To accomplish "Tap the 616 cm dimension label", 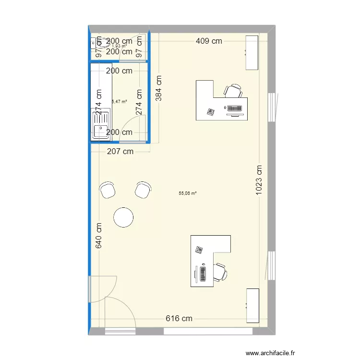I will tap(179, 318).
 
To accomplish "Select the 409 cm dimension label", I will tap(209, 41).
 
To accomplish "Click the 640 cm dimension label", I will tap(99, 236).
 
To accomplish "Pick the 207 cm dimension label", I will tap(120, 152).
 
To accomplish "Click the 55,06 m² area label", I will tap(188, 193).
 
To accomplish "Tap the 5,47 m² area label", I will tap(120, 102).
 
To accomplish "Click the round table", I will tap(123, 217).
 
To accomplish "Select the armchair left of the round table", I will tap(107, 190).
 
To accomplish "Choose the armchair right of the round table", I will tap(143, 190).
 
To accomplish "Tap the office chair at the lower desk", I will tap(220, 271).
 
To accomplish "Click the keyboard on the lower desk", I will tap(203, 273).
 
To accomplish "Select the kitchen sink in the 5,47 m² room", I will tap(101, 129).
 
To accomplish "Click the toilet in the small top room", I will tap(96, 42).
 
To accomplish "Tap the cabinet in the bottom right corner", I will tap(252, 305).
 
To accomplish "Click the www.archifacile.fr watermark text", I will tap(270, 353).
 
